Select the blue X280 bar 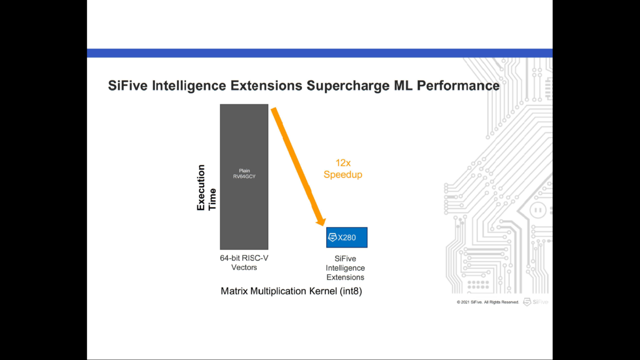(x=347, y=237)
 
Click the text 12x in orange (x=342, y=163)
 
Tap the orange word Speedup (x=343, y=175)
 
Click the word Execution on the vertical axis (x=201, y=188)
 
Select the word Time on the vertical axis (x=212, y=199)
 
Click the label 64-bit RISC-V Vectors (x=244, y=262)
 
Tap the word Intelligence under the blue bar (x=345, y=268)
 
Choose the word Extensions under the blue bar (x=345, y=277)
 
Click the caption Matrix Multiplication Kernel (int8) (x=291, y=292)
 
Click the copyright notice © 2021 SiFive (x=487, y=302)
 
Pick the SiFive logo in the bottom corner (x=535, y=302)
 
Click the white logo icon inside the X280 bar (x=332, y=237)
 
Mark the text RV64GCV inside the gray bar (x=244, y=177)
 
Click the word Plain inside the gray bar (x=244, y=171)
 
